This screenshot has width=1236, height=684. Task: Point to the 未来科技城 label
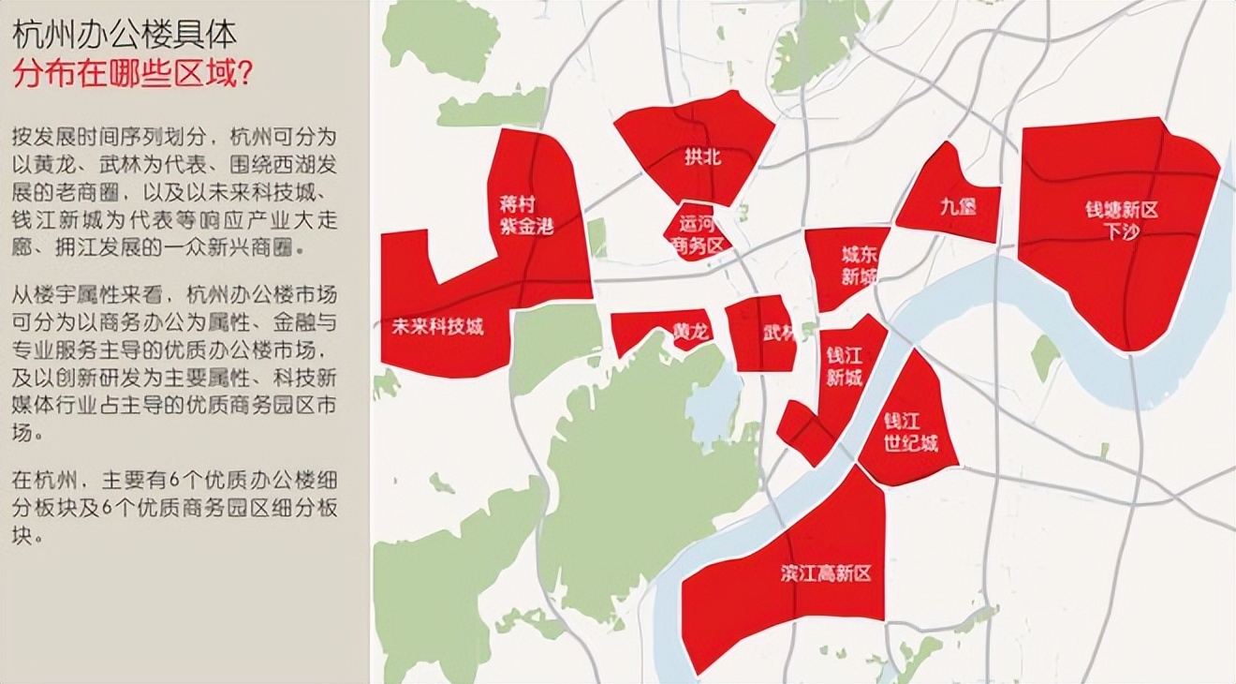point(437,327)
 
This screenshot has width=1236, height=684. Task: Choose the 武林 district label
point(778,333)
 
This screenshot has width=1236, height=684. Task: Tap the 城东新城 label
point(859,265)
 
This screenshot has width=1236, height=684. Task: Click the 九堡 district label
point(957,206)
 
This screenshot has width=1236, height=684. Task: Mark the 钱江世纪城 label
point(910,432)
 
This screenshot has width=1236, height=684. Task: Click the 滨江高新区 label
point(825,572)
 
